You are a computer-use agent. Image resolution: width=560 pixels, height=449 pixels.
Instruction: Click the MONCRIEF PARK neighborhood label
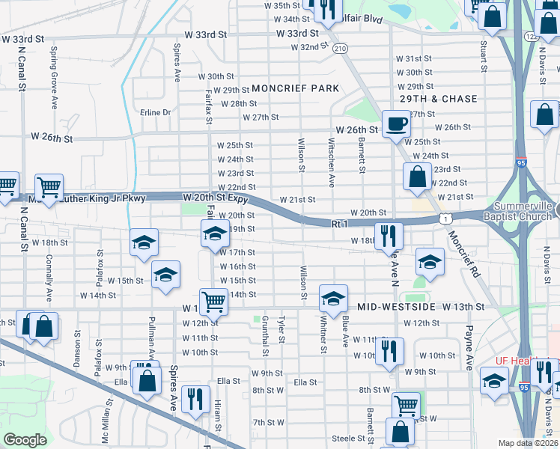pos(296,88)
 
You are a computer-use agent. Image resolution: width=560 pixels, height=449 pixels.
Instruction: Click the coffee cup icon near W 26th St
pos(395,123)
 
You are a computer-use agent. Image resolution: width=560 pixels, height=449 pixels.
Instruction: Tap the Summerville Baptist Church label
pos(526,211)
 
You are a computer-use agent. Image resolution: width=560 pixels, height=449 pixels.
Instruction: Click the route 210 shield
pos(341,48)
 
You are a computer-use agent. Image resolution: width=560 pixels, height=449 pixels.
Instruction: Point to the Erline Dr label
pos(156,112)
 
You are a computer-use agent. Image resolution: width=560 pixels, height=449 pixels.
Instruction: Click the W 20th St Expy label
pos(215,197)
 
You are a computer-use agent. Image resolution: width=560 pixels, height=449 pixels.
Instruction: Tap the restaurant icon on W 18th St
pos(388,235)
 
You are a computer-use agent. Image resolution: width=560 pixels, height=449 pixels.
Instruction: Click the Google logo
pos(25,439)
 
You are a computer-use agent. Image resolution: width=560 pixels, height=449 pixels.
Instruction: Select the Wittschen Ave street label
pos(331,162)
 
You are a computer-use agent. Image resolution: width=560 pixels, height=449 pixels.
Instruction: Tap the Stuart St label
pos(484,56)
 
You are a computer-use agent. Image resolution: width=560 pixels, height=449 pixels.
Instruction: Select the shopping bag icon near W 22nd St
pos(417,177)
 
